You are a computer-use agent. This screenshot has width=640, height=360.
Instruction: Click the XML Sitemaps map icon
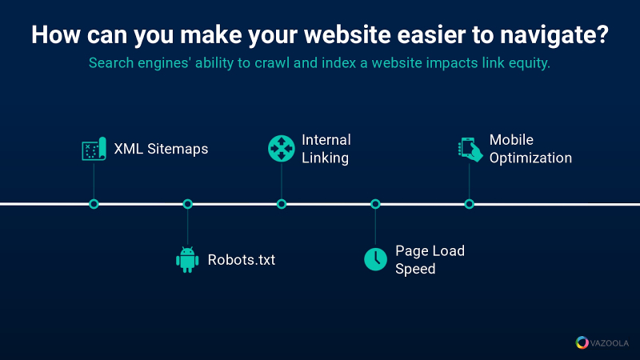coord(94,149)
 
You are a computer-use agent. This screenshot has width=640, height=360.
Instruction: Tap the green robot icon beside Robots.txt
coord(187,259)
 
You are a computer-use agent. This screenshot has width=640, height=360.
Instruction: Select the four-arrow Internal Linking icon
coord(282,149)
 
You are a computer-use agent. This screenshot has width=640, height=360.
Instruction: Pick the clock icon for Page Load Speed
coord(375,259)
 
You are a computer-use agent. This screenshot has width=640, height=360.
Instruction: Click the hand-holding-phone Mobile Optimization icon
coord(470,150)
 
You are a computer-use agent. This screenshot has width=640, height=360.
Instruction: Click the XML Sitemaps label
coord(161,149)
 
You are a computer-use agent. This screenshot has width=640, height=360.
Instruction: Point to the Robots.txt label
coord(242,260)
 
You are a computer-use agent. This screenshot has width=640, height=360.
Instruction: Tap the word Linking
coord(325,158)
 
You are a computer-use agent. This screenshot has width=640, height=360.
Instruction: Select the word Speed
coord(415,270)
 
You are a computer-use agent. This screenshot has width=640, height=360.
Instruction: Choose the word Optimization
coord(530,158)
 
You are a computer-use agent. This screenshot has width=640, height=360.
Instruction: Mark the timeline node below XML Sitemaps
coord(94,204)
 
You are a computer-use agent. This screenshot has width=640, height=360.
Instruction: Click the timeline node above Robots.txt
coord(188,204)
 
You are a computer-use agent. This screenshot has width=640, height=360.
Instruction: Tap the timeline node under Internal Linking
coord(282,204)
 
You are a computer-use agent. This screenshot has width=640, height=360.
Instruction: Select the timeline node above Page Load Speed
coord(375,204)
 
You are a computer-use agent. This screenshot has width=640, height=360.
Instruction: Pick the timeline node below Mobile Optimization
coord(470,204)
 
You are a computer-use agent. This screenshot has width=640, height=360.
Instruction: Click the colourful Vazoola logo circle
coord(582,342)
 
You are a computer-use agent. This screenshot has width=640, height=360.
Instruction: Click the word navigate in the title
coord(554,35)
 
